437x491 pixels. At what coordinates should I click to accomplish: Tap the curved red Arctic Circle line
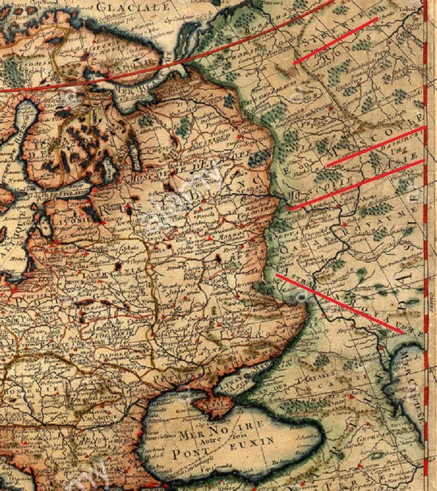click(x=166, y=67)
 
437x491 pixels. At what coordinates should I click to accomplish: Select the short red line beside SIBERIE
click(x=335, y=41)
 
